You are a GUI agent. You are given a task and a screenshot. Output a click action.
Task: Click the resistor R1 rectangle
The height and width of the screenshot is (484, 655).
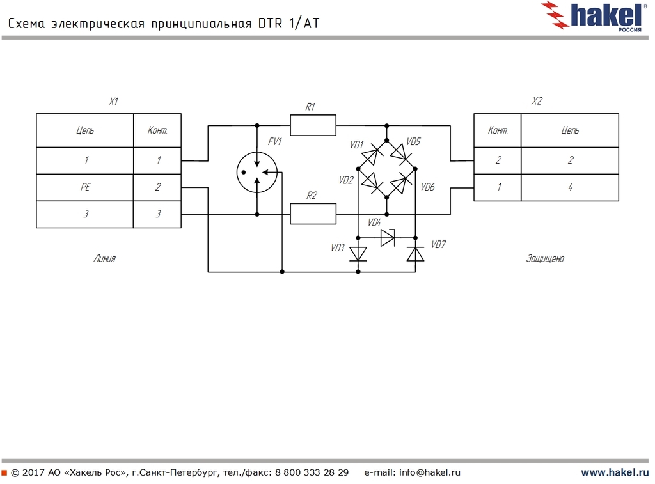(313, 125)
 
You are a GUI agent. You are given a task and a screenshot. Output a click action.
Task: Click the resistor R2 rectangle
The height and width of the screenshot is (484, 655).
(313, 214)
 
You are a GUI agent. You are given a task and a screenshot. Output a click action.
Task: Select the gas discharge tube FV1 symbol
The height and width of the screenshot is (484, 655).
(257, 172)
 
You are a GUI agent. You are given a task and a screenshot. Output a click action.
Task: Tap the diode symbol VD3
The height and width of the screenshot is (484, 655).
(358, 254)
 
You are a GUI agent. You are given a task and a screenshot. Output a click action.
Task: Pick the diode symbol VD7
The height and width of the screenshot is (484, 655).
(416, 254)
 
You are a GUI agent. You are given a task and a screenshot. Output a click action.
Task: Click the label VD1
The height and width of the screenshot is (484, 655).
(356, 145)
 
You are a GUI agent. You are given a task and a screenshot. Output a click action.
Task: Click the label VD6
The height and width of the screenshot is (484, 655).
(427, 187)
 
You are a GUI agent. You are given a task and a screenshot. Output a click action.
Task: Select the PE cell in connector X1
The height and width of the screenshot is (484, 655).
(85, 187)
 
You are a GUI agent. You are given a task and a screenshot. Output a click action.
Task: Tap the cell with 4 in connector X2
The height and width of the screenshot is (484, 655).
(570, 187)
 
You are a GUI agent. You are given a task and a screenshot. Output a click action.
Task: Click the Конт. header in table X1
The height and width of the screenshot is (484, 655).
(157, 130)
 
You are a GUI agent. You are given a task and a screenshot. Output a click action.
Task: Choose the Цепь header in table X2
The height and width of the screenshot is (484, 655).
(570, 130)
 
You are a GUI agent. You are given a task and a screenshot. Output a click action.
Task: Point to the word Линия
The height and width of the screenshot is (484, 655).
(104, 259)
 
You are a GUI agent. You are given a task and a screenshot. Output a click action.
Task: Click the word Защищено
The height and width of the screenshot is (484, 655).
(545, 259)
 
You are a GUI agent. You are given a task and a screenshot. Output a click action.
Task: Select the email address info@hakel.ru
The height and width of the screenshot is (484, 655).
(430, 473)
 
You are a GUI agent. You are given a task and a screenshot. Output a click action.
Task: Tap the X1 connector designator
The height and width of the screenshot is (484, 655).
(113, 102)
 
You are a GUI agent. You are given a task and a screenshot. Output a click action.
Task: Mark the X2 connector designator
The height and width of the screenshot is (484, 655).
(537, 102)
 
